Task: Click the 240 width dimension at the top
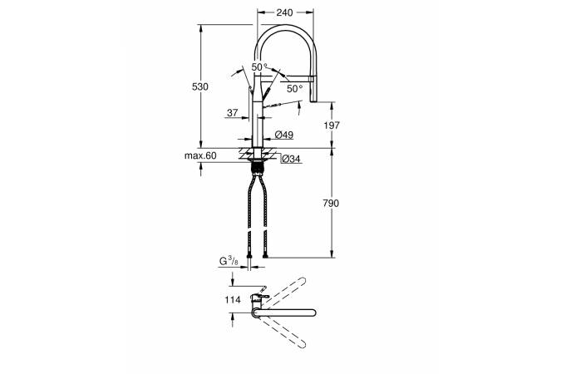click(x=284, y=13)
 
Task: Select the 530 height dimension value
click(x=200, y=86)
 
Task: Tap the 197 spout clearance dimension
click(x=331, y=125)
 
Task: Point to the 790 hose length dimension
click(x=331, y=204)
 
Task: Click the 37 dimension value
click(x=233, y=113)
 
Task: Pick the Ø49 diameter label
click(x=284, y=135)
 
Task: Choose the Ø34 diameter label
click(x=291, y=159)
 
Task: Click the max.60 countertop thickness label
click(x=200, y=155)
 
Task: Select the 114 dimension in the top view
click(x=233, y=299)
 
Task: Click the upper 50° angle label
click(x=259, y=67)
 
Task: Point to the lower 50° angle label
click(x=295, y=89)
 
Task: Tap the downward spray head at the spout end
click(x=313, y=90)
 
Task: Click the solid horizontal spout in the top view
click(x=284, y=313)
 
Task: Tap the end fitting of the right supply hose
click(x=265, y=255)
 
